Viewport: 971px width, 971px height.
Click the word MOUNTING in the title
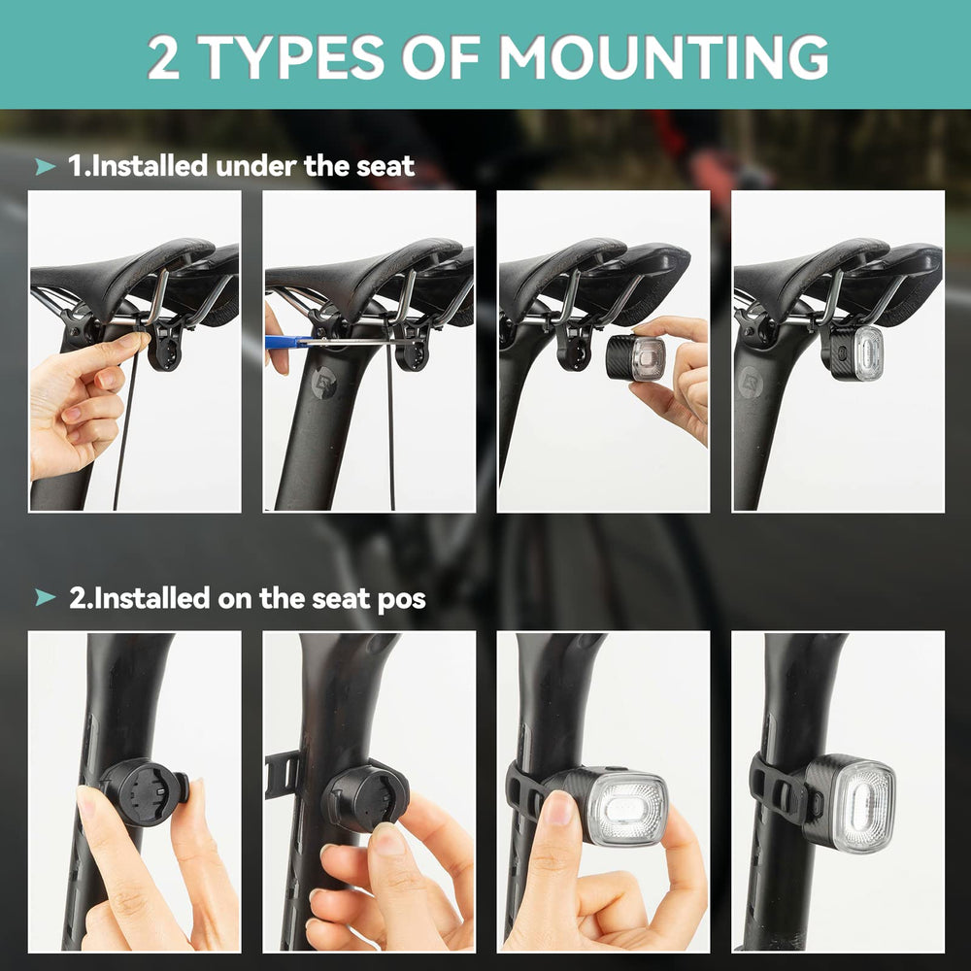tap(663, 56)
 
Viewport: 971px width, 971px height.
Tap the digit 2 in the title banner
tap(163, 56)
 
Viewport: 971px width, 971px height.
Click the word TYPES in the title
tap(290, 56)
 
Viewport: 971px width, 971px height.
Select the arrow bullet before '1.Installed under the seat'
tap(46, 166)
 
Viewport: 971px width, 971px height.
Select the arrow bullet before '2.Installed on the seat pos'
tap(46, 597)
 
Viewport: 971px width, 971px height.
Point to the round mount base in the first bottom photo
tap(144, 792)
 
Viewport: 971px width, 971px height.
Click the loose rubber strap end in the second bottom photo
tap(283, 774)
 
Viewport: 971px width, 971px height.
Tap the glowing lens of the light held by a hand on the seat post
tap(627, 806)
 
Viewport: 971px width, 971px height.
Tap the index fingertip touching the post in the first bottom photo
tap(90, 803)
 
